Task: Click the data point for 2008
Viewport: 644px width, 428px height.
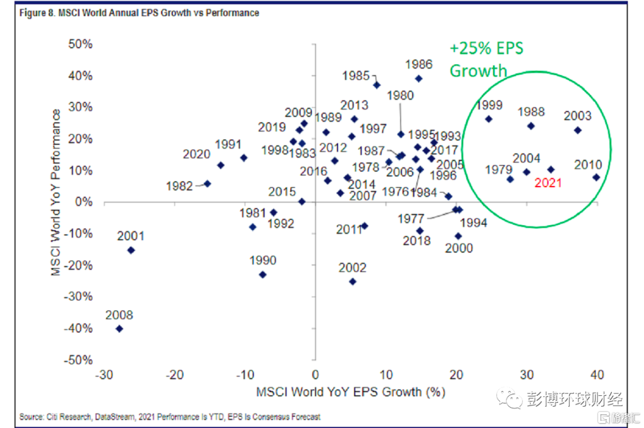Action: point(119,328)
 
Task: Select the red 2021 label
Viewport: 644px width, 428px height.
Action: point(548,183)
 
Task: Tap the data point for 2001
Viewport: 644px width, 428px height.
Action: point(131,250)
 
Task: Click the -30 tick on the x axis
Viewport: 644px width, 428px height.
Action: point(104,376)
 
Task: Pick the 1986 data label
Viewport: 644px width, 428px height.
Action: point(419,64)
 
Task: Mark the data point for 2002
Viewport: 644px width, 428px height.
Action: point(352,281)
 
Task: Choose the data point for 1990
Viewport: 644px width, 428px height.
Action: point(262,274)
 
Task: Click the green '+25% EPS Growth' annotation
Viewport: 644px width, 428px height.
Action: point(485,60)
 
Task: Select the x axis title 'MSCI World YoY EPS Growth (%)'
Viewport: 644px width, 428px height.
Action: point(351,393)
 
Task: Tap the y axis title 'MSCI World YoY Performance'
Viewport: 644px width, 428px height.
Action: point(56,193)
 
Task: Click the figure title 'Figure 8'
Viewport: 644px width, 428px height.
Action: point(139,13)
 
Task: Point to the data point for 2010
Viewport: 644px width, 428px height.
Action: point(596,177)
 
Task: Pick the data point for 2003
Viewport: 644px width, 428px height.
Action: point(577,130)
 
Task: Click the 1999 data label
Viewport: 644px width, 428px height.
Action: point(489,106)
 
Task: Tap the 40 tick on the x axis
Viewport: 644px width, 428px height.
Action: point(596,376)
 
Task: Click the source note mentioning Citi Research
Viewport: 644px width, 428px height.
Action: point(170,417)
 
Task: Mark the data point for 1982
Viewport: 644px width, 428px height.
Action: point(208,184)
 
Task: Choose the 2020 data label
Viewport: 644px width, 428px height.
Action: point(196,154)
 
